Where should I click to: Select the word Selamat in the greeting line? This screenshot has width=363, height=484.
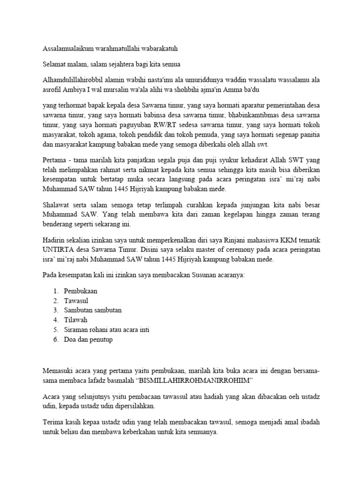[55, 64]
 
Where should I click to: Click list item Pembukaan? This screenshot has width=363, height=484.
[81, 291]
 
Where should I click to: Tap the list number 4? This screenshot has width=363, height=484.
[55, 320]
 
